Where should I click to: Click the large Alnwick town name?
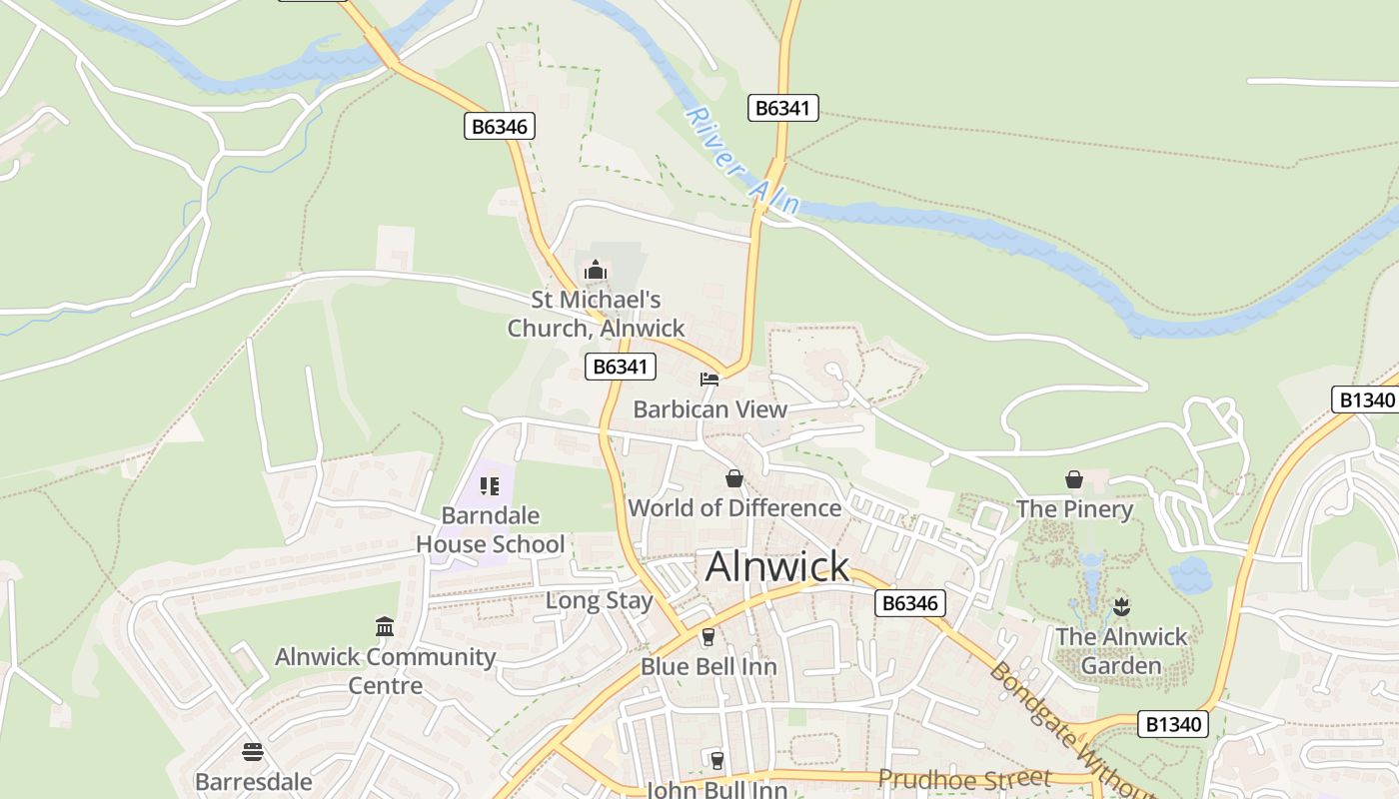click(x=777, y=566)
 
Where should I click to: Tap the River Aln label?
click(x=743, y=160)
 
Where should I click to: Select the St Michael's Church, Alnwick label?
click(x=596, y=314)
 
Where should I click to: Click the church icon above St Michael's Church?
click(x=596, y=270)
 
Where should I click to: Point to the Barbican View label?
click(x=710, y=409)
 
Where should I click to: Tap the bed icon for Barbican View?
click(x=709, y=380)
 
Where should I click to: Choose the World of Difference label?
click(x=734, y=507)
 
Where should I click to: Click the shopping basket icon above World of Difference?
click(x=734, y=479)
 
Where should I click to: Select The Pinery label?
click(x=1074, y=509)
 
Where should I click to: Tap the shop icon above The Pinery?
click(x=1074, y=480)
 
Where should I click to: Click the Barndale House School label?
click(x=490, y=530)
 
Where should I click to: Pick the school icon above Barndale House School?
click(x=490, y=486)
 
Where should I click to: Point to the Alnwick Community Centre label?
click(x=385, y=671)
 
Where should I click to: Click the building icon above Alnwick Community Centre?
click(x=385, y=627)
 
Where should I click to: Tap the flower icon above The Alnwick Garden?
click(x=1121, y=606)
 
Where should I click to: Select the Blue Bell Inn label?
click(x=708, y=666)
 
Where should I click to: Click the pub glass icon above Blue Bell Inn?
click(x=708, y=636)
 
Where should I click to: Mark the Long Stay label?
click(x=599, y=601)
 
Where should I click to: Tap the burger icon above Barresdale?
click(x=253, y=752)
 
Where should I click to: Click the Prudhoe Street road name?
click(x=964, y=777)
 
